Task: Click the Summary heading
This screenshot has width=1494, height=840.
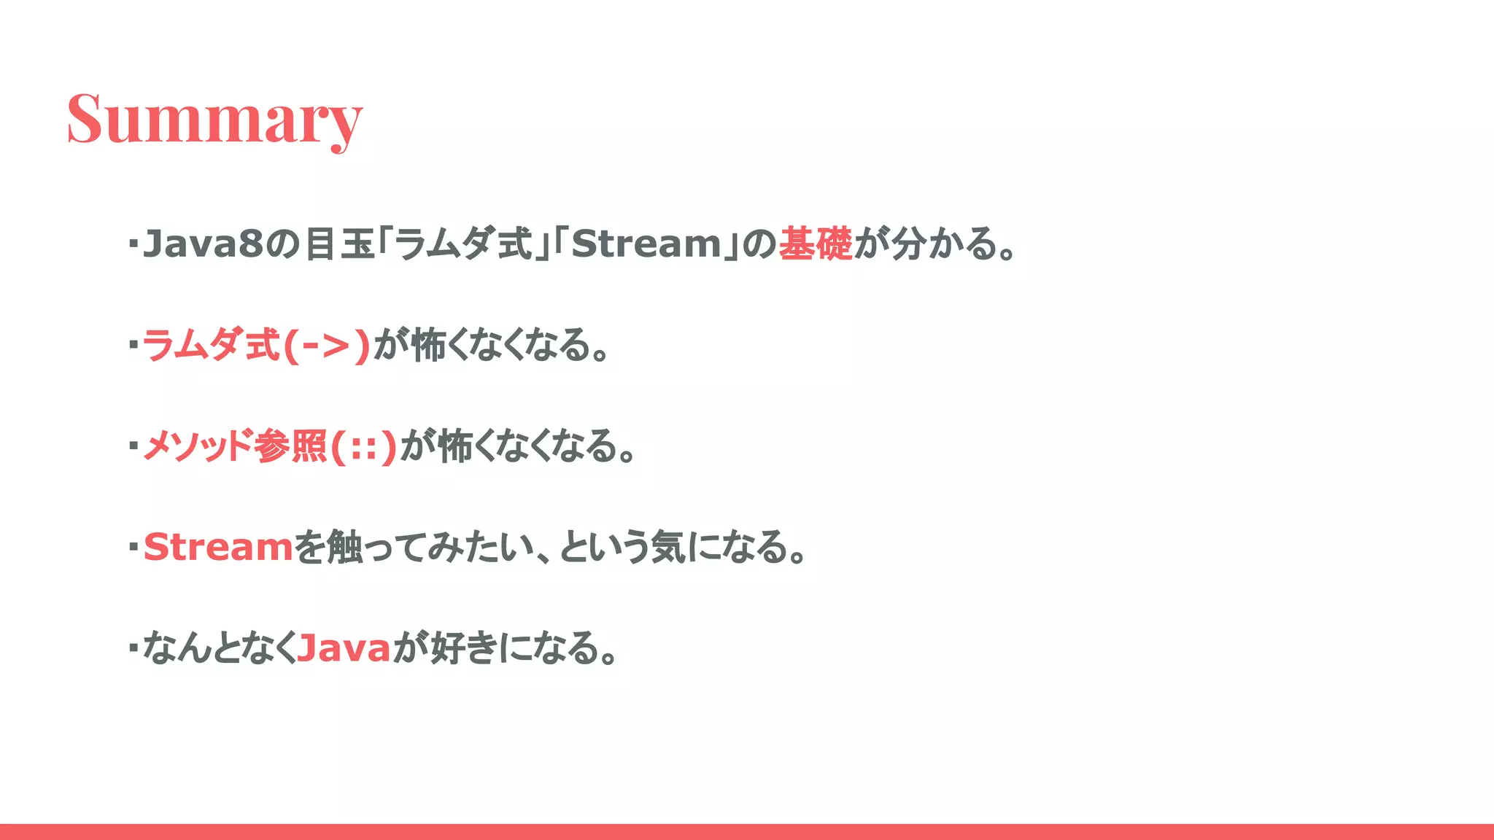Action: coord(214,119)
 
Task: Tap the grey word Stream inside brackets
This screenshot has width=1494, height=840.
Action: coord(646,244)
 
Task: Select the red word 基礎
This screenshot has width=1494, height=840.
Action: coord(815,244)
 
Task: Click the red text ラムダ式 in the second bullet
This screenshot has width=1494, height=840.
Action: coord(212,345)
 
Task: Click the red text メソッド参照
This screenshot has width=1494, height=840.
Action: coord(234,446)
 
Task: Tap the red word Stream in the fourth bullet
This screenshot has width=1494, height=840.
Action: coord(218,547)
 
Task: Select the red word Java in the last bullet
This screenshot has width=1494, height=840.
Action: coord(344,647)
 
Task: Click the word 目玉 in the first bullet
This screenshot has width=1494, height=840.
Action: coord(339,244)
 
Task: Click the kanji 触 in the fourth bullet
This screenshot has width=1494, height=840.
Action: coord(344,547)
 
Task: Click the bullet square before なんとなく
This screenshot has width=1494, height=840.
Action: coord(133,647)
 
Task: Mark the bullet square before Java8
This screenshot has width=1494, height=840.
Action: coord(133,243)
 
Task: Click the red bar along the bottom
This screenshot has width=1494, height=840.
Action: coord(747,831)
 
